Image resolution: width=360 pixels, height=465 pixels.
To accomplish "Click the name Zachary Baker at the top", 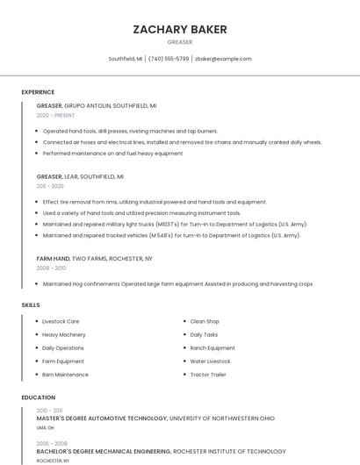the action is click(180, 29).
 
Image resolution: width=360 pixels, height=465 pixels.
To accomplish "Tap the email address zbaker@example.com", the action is click(223, 59).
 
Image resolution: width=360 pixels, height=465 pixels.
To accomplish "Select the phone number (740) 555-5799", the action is click(169, 59).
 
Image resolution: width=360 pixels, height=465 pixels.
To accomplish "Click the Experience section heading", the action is click(38, 92).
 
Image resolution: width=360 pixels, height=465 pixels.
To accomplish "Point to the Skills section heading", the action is click(31, 305).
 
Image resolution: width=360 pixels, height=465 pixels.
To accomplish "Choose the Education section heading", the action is click(39, 397).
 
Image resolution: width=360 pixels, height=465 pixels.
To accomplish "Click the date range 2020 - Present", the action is click(55, 115).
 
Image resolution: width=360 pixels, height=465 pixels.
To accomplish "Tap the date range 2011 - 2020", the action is click(50, 186).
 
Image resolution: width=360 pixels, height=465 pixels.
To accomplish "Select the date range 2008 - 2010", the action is click(50, 268).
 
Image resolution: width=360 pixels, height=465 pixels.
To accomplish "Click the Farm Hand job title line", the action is click(94, 259).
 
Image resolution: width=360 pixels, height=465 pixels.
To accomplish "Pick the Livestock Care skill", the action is click(61, 321).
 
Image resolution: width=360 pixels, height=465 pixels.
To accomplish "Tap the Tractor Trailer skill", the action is click(208, 375).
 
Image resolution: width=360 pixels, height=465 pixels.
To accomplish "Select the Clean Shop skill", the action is click(205, 321).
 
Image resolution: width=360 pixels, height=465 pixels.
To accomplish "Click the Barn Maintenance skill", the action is click(65, 375).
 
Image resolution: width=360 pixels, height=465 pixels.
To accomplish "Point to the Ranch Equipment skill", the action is click(212, 348).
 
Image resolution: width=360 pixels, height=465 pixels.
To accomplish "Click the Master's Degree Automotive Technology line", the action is click(155, 418).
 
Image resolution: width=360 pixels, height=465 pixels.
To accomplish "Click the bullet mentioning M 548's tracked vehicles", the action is click(171, 235).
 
